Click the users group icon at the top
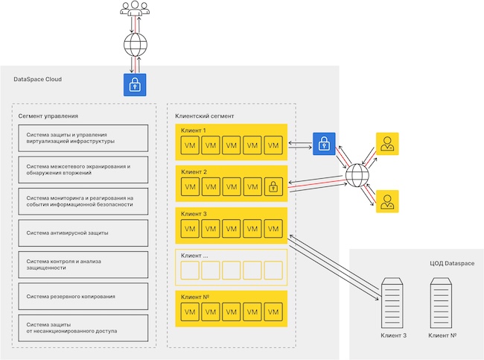tap(134, 10)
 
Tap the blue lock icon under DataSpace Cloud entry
tap(134, 84)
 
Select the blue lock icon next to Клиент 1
tap(324, 144)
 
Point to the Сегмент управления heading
tap(48, 116)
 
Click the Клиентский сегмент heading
tap(204, 116)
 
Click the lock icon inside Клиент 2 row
tap(274, 186)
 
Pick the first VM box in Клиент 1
tap(191, 144)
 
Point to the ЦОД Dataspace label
tap(452, 264)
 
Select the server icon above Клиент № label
tap(442, 303)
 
